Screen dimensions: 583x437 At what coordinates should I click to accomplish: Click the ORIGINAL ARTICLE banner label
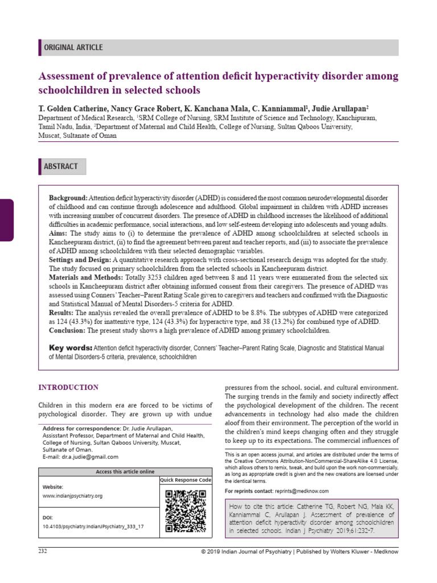(x=73, y=48)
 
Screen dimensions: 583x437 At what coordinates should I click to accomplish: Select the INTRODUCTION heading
(x=68, y=388)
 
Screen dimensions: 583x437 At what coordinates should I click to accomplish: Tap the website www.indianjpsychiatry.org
(x=72, y=496)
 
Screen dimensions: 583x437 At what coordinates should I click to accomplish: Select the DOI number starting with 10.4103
(x=93, y=527)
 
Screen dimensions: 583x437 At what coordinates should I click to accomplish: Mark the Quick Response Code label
(x=185, y=481)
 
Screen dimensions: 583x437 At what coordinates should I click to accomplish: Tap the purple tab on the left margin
(x=6, y=220)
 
